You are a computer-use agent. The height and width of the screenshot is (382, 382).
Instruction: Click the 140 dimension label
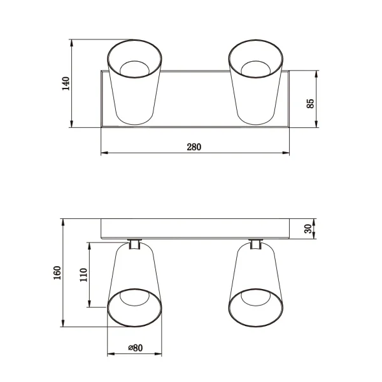(65, 84)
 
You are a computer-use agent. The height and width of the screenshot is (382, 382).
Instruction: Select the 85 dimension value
(311, 103)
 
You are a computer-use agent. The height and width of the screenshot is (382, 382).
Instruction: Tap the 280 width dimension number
(194, 147)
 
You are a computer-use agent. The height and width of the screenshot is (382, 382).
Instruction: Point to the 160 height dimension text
(57, 272)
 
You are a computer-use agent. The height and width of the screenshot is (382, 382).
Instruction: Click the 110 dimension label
(83, 275)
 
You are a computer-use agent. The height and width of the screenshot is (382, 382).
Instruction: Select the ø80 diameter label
(134, 348)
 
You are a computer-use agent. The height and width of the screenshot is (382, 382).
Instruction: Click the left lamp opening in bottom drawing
(134, 308)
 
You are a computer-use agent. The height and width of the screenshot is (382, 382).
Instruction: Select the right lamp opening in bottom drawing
(256, 308)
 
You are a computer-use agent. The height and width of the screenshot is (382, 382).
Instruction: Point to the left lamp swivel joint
(134, 244)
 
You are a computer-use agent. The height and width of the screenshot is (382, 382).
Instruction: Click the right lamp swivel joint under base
(256, 244)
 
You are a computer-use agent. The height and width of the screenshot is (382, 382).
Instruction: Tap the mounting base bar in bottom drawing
(195, 229)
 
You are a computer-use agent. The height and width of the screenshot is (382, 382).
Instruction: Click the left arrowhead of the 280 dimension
(104, 153)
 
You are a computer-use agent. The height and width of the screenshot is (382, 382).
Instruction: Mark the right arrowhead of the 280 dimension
(287, 153)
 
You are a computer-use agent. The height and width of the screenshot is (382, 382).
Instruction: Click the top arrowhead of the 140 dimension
(72, 43)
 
